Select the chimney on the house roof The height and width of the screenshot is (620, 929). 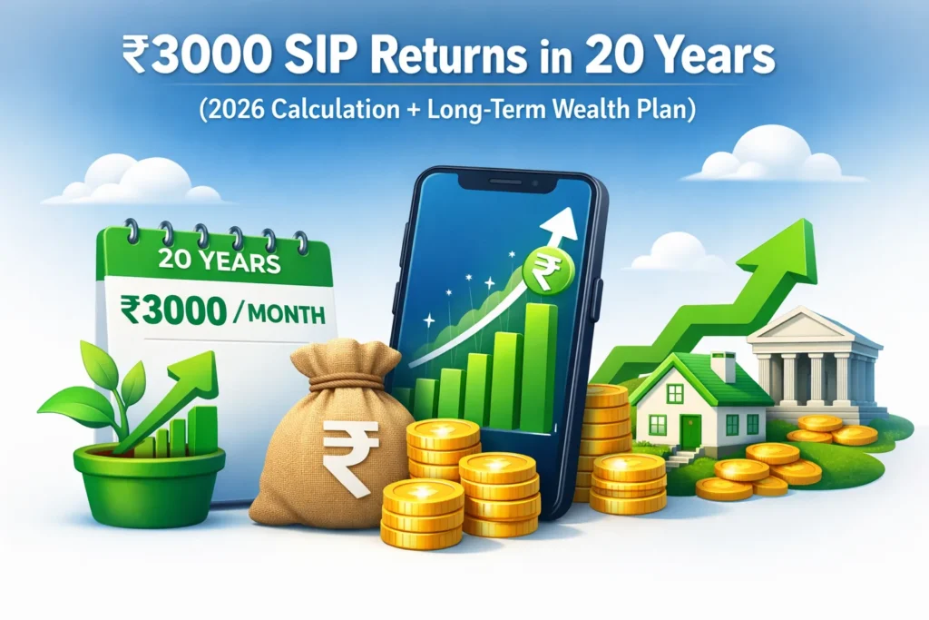[x=723, y=366]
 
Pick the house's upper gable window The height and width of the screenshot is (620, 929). [x=675, y=393]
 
